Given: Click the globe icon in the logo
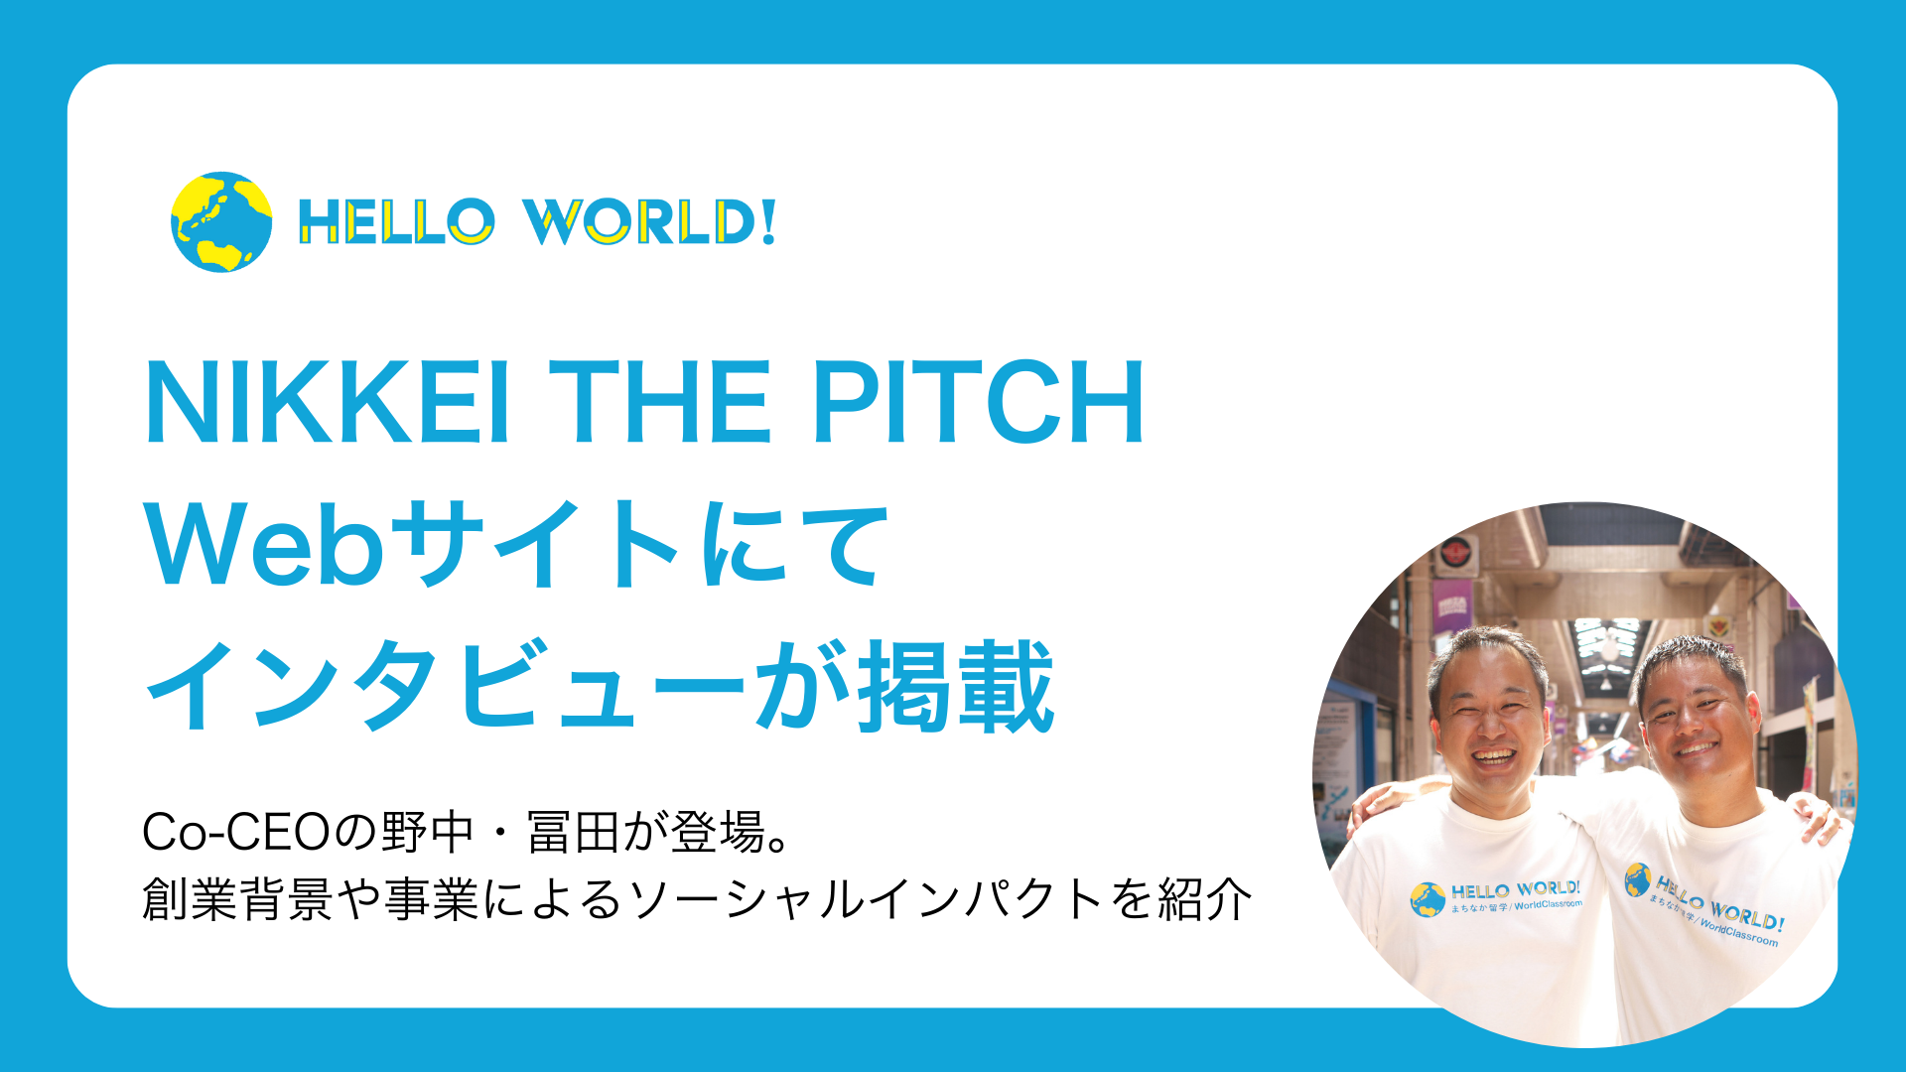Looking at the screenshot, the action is (x=221, y=222).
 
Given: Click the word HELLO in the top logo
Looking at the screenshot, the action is (x=396, y=221).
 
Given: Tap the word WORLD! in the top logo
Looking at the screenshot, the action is (x=649, y=221).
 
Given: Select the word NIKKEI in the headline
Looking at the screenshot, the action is (x=329, y=402).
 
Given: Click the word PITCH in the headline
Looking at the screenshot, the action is (x=979, y=402).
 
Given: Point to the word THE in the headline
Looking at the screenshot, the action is (x=660, y=402).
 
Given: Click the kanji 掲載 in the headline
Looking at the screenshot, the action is (x=955, y=686).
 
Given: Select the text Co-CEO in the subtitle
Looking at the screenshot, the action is (x=235, y=833).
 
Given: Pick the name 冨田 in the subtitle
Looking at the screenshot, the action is (x=574, y=833).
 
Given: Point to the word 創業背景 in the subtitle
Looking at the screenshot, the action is (x=237, y=899).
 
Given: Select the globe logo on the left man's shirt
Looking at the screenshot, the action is (x=1428, y=899).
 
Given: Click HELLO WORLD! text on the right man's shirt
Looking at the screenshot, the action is (x=1719, y=902).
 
